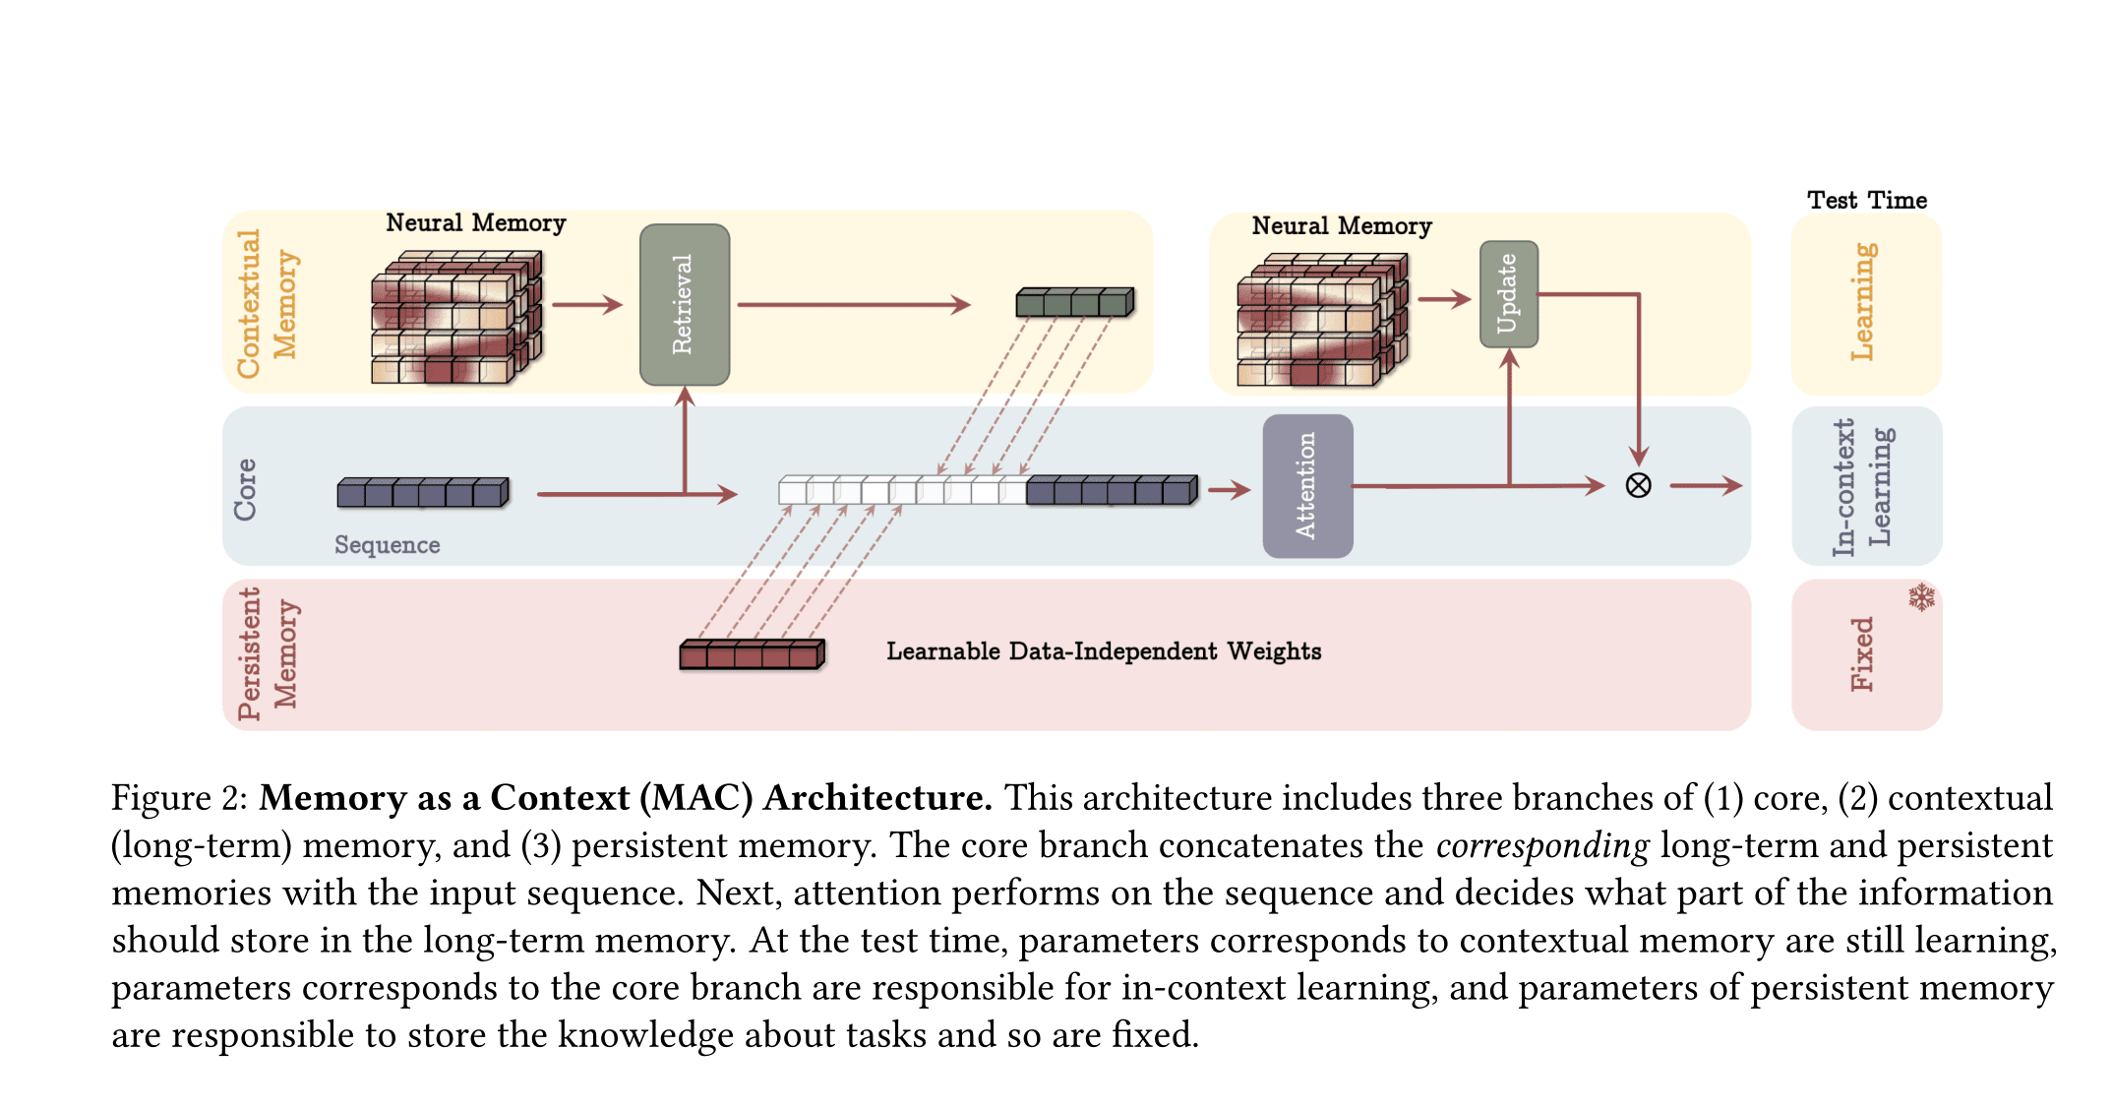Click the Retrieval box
[684, 304]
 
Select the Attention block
[1307, 486]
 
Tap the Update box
[1508, 293]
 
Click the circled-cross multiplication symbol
[1638, 485]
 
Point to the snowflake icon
[1921, 597]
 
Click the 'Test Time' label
[1866, 200]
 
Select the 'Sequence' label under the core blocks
[387, 544]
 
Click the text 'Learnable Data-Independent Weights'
[1103, 650]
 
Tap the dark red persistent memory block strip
[752, 653]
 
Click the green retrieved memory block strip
[1074, 301]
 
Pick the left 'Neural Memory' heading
[475, 222]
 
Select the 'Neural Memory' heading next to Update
[1341, 225]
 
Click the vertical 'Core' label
[245, 489]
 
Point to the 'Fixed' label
[1862, 653]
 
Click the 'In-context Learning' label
[1862, 486]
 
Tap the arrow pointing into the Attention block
[1229, 489]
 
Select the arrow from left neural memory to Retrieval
[587, 304]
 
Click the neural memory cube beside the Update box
[1321, 320]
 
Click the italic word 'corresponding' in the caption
[1541, 845]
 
